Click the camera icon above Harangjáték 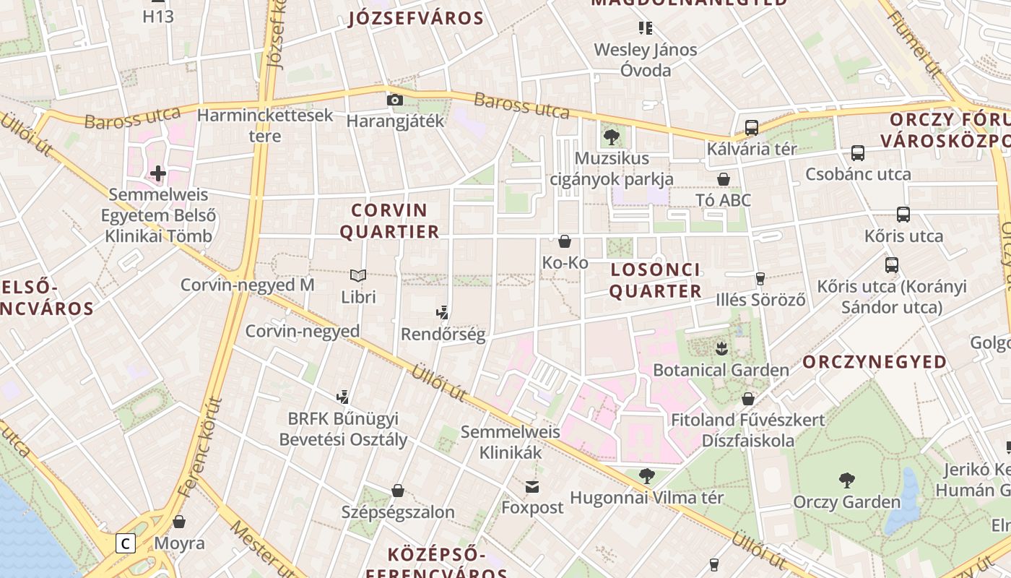[x=394, y=100]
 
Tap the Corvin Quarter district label [x=389, y=221]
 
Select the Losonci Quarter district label [x=656, y=280]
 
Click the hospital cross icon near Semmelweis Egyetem [x=158, y=173]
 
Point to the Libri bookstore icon [x=358, y=275]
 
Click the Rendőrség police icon [x=443, y=313]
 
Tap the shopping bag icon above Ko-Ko [x=565, y=241]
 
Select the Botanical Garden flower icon [x=721, y=350]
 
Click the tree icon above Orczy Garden [x=846, y=480]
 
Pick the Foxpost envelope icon [x=532, y=486]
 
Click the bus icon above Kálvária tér [x=751, y=128]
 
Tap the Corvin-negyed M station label [x=247, y=285]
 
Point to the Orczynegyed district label [x=875, y=362]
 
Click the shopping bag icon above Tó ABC [x=723, y=179]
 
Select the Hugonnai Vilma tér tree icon [x=647, y=475]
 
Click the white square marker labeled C [x=126, y=543]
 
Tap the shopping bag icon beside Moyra [x=179, y=522]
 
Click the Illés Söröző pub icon [x=760, y=278]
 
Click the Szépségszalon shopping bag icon [x=397, y=491]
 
